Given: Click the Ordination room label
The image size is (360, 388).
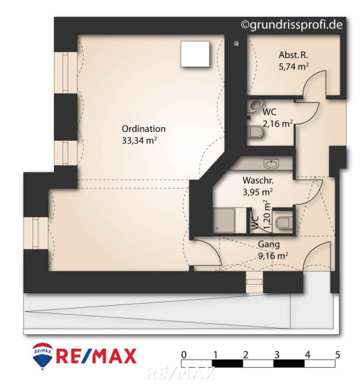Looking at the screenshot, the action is [144, 129].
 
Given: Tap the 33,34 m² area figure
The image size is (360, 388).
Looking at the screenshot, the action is [140, 140].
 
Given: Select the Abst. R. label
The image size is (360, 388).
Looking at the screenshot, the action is [293, 55].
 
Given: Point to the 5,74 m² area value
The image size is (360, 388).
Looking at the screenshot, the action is [294, 66].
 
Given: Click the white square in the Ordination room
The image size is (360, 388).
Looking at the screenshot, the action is [195, 54].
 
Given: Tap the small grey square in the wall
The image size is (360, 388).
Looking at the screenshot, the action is [236, 43].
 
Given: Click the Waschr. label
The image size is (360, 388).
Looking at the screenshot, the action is [258, 180].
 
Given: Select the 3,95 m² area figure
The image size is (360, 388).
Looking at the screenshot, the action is [258, 192].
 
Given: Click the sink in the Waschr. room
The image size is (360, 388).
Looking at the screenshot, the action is [272, 164].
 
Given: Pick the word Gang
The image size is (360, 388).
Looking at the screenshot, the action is [269, 245].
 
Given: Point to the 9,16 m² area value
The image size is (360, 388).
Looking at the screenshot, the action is [273, 255].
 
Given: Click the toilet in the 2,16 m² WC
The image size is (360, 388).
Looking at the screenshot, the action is [256, 132].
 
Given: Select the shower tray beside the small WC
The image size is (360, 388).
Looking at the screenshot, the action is [224, 220].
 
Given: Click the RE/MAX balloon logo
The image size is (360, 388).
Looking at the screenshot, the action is [42, 356].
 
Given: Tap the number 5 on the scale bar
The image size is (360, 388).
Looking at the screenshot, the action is [338, 355].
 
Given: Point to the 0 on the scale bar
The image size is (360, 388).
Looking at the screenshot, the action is [184, 355].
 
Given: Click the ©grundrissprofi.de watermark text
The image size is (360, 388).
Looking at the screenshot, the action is [292, 25].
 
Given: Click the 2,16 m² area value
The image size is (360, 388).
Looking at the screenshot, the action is [278, 123].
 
